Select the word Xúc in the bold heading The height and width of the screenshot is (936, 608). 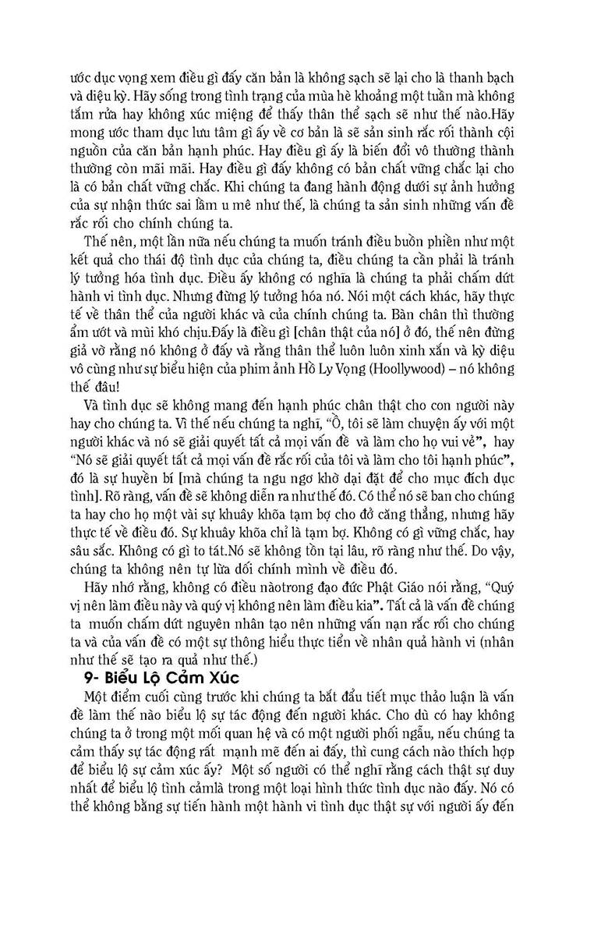point(226,676)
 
